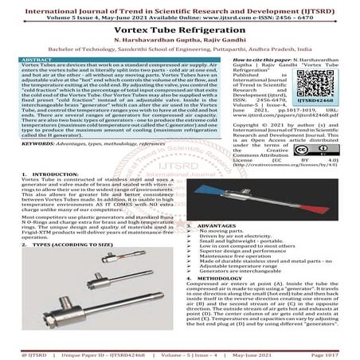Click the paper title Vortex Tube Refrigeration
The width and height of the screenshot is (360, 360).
click(180, 26)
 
